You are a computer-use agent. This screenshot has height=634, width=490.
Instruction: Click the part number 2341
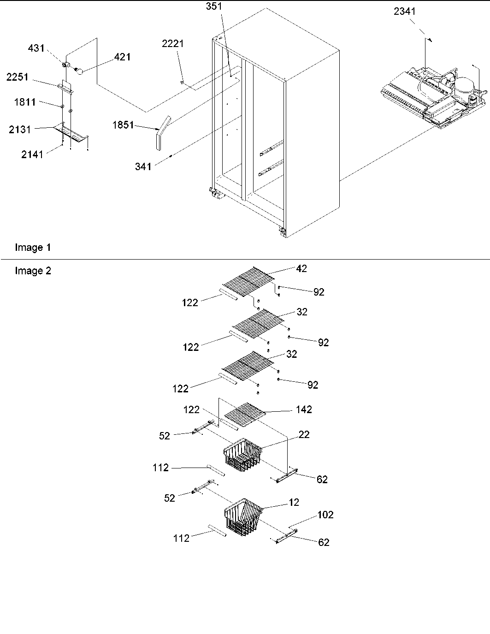pos(404,11)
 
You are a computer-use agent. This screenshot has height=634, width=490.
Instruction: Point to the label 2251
pos(17,77)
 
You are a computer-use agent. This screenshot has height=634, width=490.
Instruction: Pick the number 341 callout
pos(143,166)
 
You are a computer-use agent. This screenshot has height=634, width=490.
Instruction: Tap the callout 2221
pos(172,44)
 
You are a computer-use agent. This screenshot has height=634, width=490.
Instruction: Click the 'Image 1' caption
pos(33,248)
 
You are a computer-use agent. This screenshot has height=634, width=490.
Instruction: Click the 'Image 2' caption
pos(33,271)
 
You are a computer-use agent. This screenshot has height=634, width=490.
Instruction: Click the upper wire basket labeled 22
pos(242,456)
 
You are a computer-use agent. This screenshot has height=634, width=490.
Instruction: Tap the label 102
pos(325,515)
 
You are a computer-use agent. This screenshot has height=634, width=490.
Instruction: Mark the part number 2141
pos(32,154)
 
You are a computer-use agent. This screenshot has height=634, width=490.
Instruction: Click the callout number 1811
pos(24,102)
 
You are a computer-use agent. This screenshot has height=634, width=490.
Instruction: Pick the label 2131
pos(20,130)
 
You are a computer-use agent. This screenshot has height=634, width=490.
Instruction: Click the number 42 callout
pos(301,268)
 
